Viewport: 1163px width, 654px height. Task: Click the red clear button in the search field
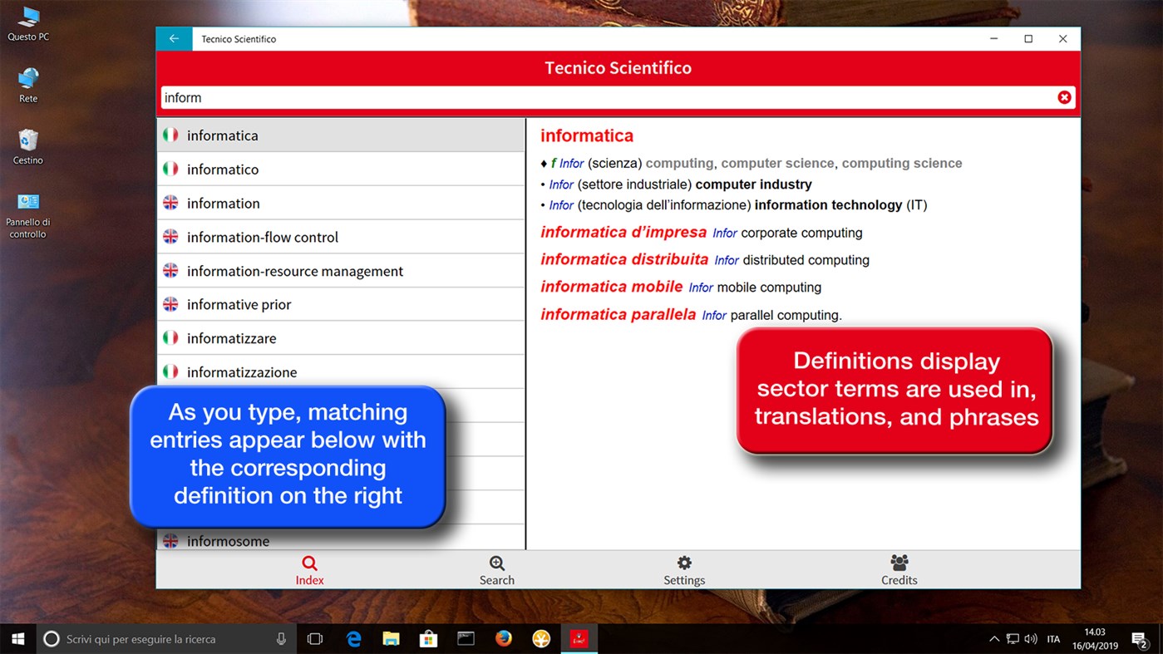click(x=1064, y=97)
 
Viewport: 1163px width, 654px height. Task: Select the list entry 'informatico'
click(x=223, y=170)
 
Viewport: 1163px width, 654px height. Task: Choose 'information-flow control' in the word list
click(x=262, y=237)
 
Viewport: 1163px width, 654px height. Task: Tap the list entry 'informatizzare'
click(x=231, y=338)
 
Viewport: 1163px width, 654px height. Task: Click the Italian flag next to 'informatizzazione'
click(x=170, y=371)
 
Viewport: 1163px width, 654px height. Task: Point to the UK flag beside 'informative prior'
click(x=170, y=304)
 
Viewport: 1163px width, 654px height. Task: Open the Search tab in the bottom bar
click(x=496, y=570)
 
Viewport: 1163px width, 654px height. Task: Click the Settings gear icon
click(x=684, y=563)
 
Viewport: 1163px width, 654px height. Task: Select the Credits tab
click(x=899, y=570)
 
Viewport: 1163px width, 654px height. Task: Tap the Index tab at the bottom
click(x=309, y=570)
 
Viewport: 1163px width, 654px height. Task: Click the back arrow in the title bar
click(x=174, y=39)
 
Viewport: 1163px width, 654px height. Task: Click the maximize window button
click(x=1028, y=39)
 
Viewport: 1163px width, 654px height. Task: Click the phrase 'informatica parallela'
click(x=618, y=314)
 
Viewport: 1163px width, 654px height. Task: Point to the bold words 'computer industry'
click(x=753, y=184)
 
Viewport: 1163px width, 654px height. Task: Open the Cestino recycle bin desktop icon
click(x=28, y=145)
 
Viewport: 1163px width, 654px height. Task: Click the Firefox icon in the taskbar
click(x=504, y=639)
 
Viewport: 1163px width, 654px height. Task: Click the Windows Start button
click(x=17, y=639)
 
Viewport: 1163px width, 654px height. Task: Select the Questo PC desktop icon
click(x=28, y=23)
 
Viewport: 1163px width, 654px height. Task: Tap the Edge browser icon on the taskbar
click(x=354, y=639)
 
